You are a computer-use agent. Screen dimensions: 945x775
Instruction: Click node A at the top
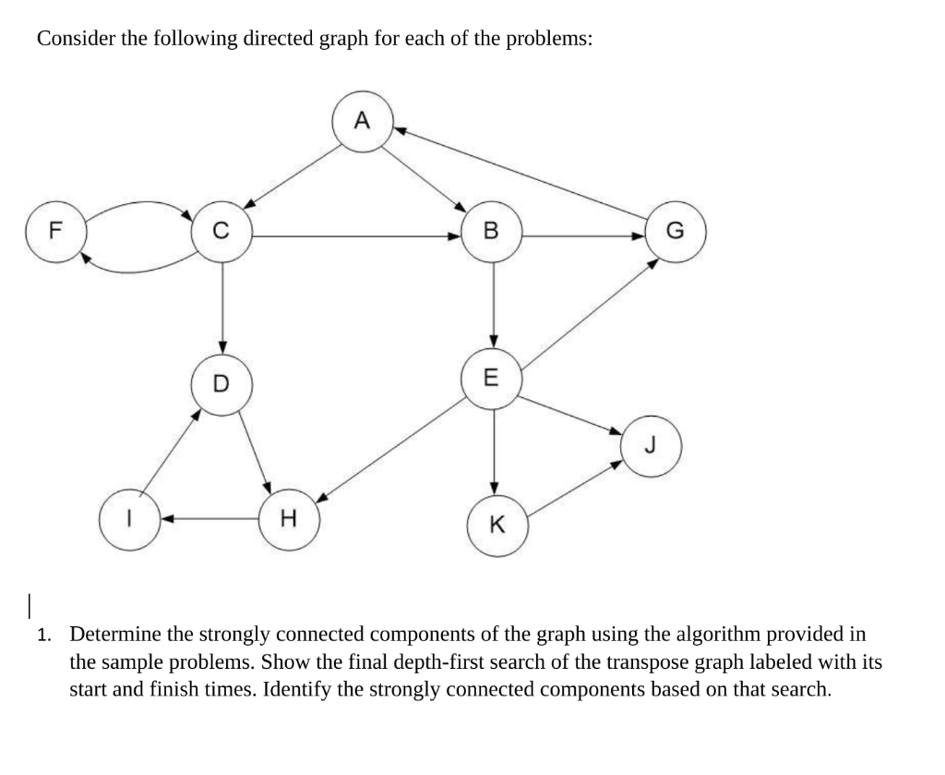[x=362, y=121]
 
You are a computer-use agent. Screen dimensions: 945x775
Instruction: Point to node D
[x=221, y=382]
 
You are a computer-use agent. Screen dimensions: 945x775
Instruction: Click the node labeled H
[x=287, y=519]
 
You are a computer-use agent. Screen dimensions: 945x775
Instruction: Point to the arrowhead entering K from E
[x=494, y=488]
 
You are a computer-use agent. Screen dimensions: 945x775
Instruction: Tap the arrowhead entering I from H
[x=167, y=519]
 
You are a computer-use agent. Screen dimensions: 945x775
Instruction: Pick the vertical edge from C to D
[x=222, y=305]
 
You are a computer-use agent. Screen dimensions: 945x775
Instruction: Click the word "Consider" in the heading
[x=75, y=39]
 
